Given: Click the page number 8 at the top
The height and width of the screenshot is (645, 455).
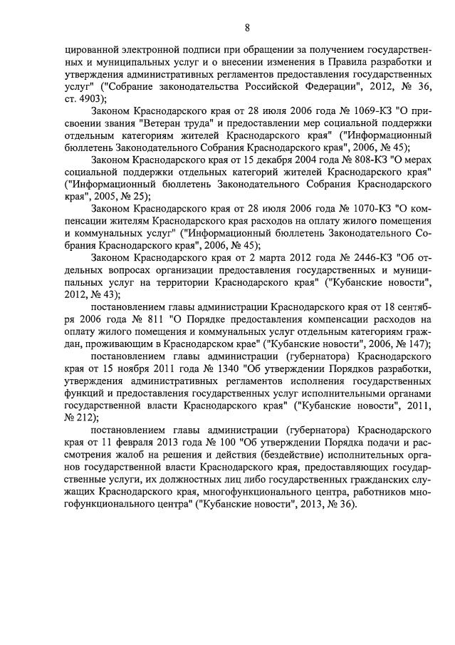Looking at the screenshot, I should click(x=247, y=29).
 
